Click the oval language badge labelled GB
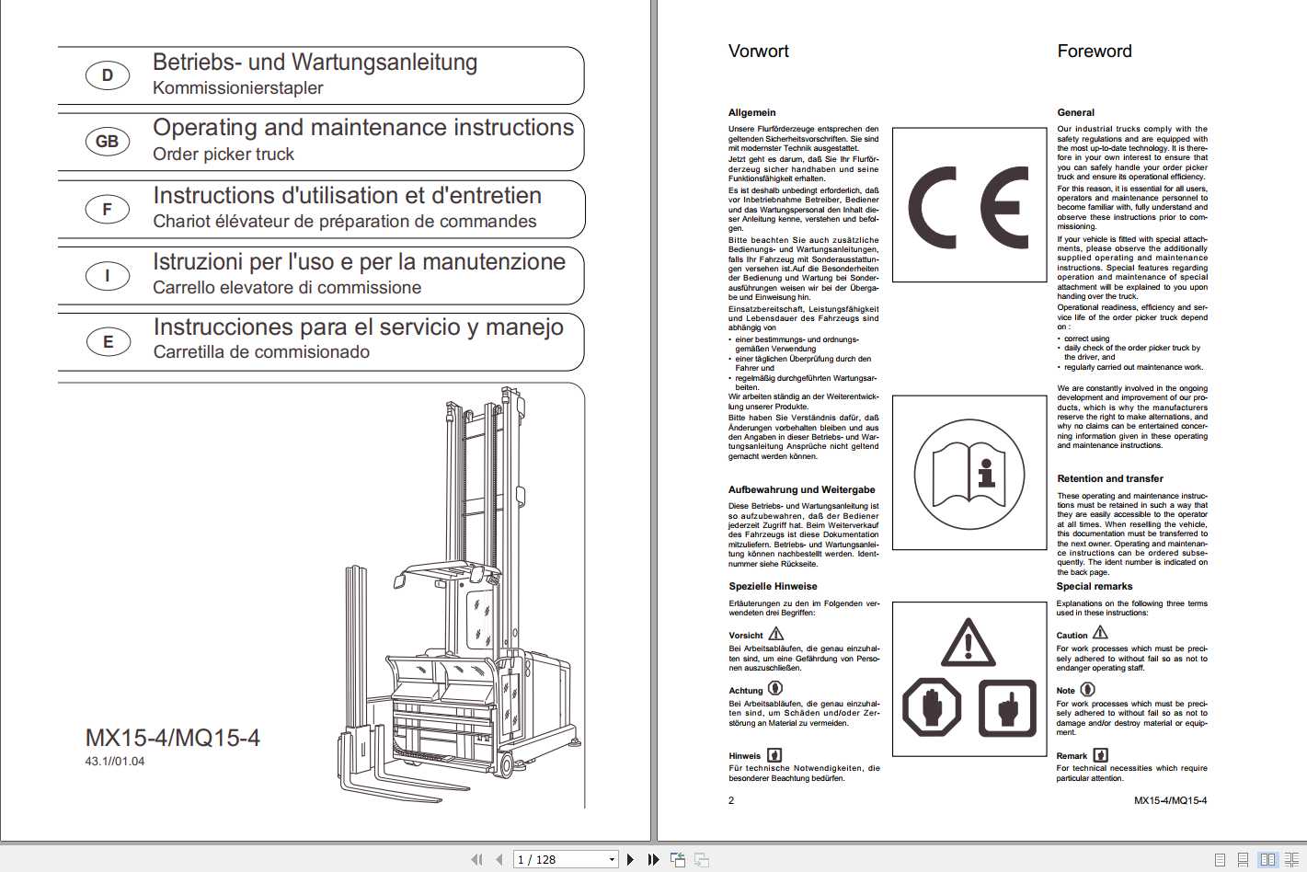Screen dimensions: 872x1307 point(108,142)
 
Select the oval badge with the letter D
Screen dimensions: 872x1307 point(108,75)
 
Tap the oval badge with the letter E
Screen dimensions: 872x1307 point(108,342)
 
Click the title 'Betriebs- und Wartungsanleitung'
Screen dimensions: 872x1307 point(315,63)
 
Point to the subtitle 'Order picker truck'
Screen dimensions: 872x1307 point(224,155)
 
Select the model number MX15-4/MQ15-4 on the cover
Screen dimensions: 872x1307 point(173,738)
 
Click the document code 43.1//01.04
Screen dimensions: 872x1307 point(115,762)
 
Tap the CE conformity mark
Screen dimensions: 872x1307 point(969,208)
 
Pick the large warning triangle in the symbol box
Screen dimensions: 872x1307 point(968,644)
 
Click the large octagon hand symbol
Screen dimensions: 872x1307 point(932,707)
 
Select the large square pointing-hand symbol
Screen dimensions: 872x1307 point(1006,707)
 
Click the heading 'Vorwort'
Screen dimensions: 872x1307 point(758,52)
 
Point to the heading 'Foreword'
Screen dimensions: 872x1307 point(1094,52)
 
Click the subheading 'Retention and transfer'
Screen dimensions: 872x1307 point(1109,479)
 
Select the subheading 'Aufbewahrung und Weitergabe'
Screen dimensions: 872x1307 point(801,490)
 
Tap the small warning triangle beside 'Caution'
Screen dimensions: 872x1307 point(1100,633)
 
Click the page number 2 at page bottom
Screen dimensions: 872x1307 point(731,800)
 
